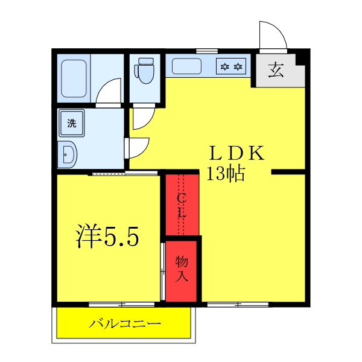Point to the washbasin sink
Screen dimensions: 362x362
click(x=68, y=155)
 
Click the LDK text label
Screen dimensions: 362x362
click(x=237, y=153)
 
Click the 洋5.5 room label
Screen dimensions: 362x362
click(x=107, y=237)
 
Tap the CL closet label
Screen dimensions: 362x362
click(x=182, y=205)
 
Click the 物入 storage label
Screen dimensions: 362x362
click(x=182, y=269)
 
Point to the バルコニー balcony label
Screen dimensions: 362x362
click(x=125, y=324)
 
